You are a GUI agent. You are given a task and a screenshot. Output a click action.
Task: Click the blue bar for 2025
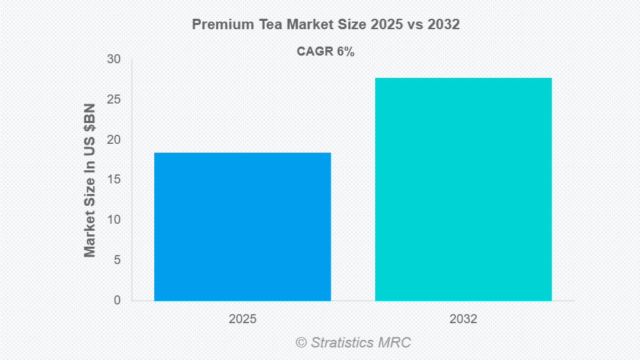click(x=243, y=227)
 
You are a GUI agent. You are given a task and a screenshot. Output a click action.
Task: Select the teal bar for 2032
click(x=463, y=189)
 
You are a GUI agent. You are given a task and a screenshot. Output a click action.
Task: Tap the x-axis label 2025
click(x=243, y=319)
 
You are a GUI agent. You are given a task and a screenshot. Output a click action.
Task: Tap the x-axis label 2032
click(x=463, y=319)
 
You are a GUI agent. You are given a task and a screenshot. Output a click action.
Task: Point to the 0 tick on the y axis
click(x=117, y=300)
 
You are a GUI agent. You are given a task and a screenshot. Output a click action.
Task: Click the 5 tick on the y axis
click(x=117, y=260)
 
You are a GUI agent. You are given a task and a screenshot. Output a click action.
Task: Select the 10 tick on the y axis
click(x=114, y=220)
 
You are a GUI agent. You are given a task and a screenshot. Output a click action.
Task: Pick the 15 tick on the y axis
click(x=114, y=180)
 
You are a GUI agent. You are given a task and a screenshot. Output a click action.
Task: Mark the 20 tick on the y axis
click(x=114, y=140)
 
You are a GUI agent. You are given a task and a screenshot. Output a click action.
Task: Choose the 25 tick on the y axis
click(x=114, y=99)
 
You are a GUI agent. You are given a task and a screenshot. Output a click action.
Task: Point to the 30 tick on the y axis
click(x=114, y=60)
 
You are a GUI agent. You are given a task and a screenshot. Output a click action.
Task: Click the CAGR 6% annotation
click(x=326, y=52)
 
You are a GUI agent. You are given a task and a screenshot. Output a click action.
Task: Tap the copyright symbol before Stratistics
click(x=301, y=342)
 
